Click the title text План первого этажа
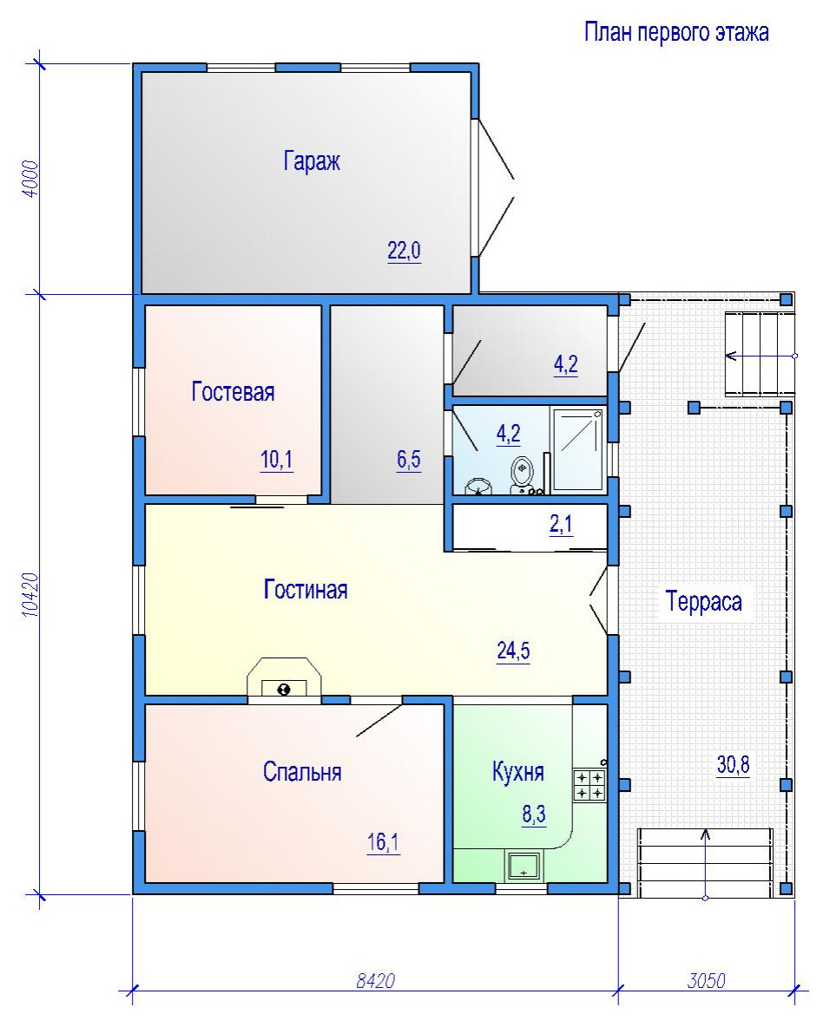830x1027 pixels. [676, 31]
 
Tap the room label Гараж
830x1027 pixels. [312, 160]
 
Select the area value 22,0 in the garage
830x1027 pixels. [404, 250]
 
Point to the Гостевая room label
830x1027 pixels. [233, 392]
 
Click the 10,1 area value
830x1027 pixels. [277, 460]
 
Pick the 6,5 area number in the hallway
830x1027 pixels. [408, 460]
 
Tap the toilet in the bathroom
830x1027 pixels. [522, 473]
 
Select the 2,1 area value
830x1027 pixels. [561, 524]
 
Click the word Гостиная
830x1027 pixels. [306, 590]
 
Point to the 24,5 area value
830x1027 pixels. [513, 651]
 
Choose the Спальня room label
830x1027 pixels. [302, 772]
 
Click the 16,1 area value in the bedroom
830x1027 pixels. [383, 842]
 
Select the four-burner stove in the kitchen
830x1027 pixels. [590, 785]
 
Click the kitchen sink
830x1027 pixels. [524, 866]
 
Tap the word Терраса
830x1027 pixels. [703, 601]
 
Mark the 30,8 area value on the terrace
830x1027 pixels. [733, 764]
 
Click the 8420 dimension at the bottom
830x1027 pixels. [376, 980]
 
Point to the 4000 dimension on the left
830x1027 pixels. [30, 180]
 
